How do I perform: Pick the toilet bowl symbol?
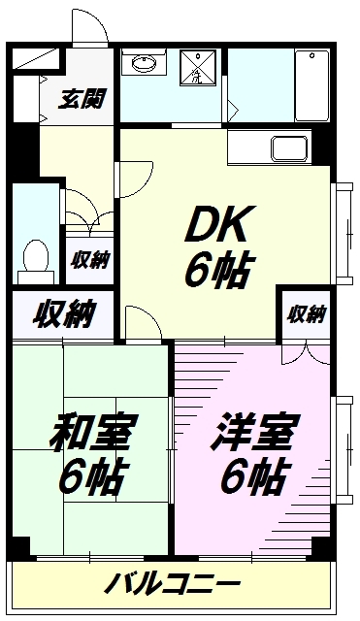point(36,257)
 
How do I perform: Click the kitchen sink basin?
point(289,150)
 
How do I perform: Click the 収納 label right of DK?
point(306,313)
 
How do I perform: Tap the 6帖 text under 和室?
point(93,476)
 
